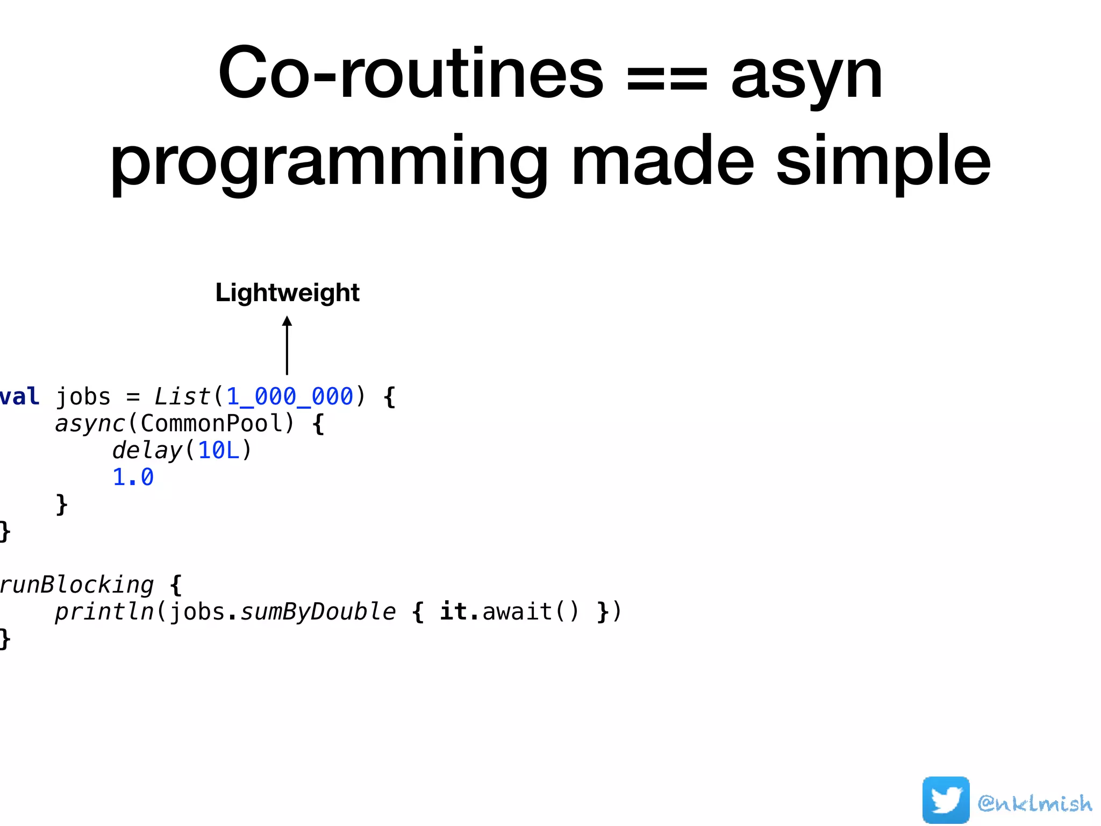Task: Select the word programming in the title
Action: tap(328, 161)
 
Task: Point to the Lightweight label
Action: tap(287, 293)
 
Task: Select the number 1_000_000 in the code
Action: tap(289, 397)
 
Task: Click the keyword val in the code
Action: tap(19, 397)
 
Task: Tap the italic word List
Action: tap(182, 397)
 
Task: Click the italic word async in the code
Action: tap(89, 424)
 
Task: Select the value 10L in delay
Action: tap(218, 451)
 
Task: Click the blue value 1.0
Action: tap(133, 478)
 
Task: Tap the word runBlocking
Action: tap(77, 585)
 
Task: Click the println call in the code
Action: tap(104, 612)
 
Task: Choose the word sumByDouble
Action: tap(318, 612)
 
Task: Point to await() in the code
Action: tap(530, 612)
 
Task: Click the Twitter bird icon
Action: tap(946, 800)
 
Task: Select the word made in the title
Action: tap(662, 161)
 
